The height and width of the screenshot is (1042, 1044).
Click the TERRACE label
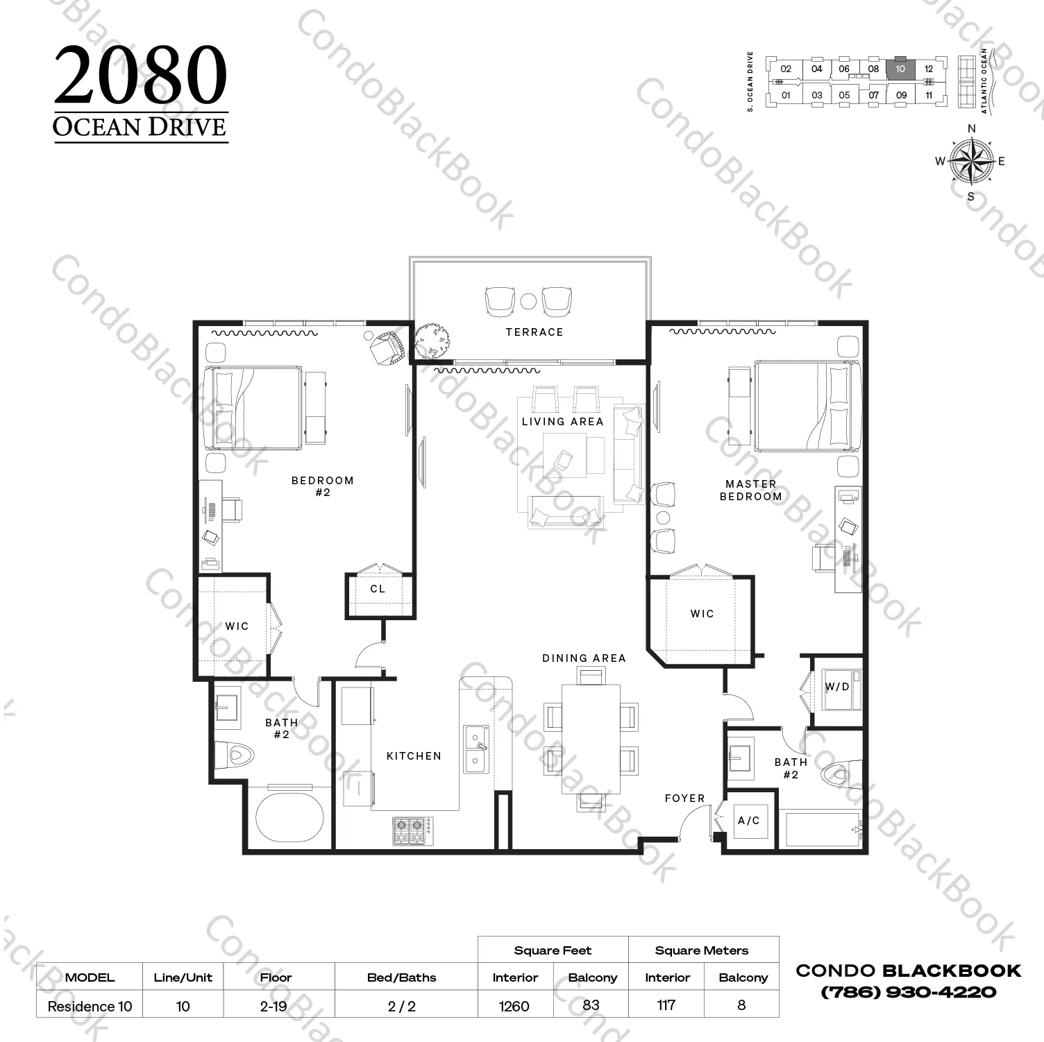pos(534,332)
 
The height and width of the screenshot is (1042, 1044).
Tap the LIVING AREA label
pos(562,421)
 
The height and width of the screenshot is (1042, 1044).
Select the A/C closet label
pos(748,821)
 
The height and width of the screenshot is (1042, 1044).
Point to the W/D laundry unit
pos(841,688)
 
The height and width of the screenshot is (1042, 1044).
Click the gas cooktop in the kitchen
pos(410,830)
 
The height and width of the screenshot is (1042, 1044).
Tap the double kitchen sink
pos(476,749)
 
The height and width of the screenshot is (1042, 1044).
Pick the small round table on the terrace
pos(528,301)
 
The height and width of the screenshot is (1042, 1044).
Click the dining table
pos(591,739)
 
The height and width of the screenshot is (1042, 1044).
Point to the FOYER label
pos(684,798)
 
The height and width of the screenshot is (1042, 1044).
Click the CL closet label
pos(378,589)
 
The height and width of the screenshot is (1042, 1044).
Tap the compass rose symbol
pos(970,161)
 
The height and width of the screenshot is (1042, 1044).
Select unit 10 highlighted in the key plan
pos(900,69)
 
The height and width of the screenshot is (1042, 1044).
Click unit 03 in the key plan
pos(817,95)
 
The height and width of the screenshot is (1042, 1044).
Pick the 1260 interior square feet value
pos(514,1006)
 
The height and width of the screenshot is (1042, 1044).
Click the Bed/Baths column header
pos(401,977)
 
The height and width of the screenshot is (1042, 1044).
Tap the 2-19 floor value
pos(273,1006)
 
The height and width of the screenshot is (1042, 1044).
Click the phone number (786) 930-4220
pos(908,991)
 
